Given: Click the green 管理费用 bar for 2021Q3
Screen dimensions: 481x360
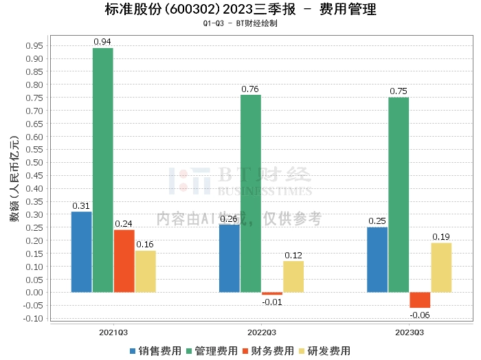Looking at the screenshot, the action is point(103,170).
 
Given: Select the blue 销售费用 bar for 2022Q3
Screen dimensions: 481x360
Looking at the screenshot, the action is point(230,258).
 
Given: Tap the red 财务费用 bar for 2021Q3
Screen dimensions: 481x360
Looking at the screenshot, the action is point(124,261).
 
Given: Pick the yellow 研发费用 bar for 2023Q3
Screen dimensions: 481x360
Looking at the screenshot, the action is point(441,267).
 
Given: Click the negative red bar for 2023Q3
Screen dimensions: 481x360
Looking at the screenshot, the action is point(420,300).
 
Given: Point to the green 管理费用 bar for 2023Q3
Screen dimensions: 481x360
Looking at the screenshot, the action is point(399,194).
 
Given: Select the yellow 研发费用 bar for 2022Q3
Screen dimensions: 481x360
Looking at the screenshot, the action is point(293,277).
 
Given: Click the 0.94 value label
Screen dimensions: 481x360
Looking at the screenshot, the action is point(102,42).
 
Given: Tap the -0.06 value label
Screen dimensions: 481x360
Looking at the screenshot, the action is point(420,315).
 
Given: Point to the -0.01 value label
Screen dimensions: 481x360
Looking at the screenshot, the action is point(272,302).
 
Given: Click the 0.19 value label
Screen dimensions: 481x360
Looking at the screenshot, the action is point(441,237).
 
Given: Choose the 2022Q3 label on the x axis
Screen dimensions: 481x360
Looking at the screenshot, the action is point(262,333).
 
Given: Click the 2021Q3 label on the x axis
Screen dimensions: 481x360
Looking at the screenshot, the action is point(113,333).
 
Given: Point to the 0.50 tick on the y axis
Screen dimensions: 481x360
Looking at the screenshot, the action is point(34,163).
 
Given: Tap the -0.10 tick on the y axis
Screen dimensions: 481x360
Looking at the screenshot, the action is point(33,318).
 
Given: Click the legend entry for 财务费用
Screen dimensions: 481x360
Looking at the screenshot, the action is point(268,351).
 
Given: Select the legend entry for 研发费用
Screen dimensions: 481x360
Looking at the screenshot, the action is point(324,351).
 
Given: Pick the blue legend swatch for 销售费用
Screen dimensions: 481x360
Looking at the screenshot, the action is point(133,351).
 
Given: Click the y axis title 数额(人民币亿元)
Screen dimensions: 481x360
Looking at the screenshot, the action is point(14,179).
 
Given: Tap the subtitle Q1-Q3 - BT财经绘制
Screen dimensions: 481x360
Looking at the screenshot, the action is point(240,23).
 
